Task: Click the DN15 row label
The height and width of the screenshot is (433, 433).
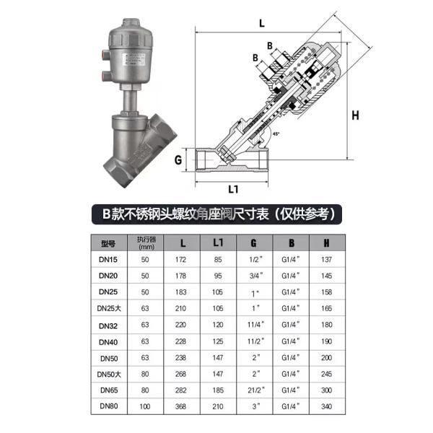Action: (109, 259)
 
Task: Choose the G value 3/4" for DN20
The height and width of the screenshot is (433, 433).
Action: (253, 276)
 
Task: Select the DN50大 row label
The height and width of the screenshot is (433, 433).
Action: (109, 373)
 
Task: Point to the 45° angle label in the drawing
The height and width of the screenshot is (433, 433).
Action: (276, 134)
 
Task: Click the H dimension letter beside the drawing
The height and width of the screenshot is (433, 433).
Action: (355, 114)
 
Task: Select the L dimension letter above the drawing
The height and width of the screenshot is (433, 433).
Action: (261, 23)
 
